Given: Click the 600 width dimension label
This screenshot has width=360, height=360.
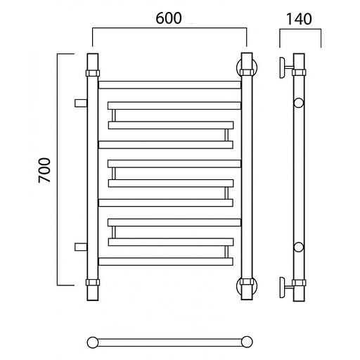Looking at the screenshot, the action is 169,18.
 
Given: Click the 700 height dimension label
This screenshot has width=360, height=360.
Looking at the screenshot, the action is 44,170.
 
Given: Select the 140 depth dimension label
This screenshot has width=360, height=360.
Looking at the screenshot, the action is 299,19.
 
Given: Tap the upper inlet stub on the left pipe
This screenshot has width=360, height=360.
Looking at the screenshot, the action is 81,103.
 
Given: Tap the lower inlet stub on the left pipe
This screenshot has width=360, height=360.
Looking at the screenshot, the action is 81,247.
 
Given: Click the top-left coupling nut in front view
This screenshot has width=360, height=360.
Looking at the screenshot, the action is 93,73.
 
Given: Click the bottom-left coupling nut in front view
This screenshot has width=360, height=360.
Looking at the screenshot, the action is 93,282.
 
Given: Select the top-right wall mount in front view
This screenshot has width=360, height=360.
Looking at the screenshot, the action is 247,68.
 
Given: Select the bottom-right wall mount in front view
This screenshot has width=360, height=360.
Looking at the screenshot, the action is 247,286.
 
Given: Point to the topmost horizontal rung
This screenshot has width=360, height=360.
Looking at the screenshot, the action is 169,85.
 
